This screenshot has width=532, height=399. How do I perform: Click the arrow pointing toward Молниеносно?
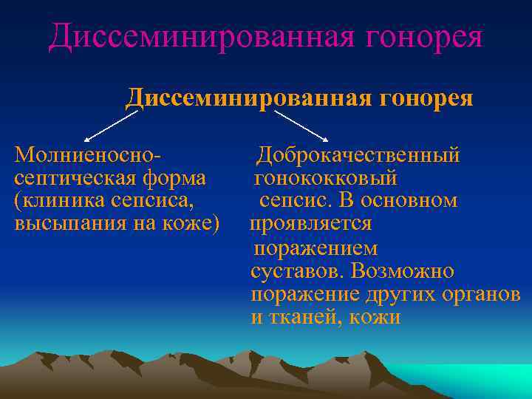[x=111, y=126]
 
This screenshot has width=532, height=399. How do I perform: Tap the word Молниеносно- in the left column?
[x=88, y=155]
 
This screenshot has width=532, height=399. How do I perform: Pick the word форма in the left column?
[x=174, y=178]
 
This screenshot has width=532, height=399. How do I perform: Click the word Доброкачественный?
[x=358, y=155]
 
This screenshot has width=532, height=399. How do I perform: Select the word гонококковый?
[x=326, y=178]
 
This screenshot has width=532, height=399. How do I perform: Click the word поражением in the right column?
[x=315, y=248]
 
